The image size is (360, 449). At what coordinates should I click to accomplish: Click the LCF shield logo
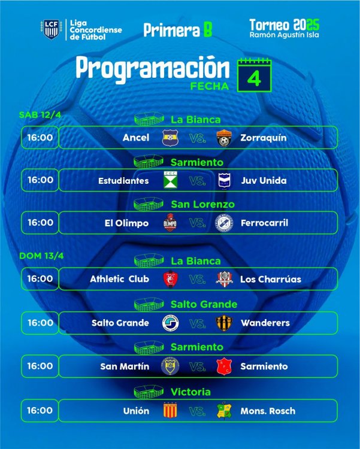pos(52,29)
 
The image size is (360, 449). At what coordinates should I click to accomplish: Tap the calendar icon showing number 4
pos(254,75)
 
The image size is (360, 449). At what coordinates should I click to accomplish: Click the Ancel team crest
pos(170,138)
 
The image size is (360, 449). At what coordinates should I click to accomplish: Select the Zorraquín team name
pos(264,138)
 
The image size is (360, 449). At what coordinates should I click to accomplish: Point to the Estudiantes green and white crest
pos(170,180)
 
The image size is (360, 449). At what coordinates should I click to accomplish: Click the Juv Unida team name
pos(264,180)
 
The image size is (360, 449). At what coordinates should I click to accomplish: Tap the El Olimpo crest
pos(170,223)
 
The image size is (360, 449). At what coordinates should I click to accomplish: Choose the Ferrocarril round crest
pos(224,223)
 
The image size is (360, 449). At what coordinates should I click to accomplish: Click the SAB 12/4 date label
pos(40,115)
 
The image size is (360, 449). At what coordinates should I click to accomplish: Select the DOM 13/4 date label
pos(41,256)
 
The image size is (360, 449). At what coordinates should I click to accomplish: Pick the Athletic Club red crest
pos(170,279)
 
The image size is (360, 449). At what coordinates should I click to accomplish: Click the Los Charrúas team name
pos(271,279)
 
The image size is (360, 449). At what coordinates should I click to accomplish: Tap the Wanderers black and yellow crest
pos(224,323)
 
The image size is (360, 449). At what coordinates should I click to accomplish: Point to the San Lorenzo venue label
pos(202,204)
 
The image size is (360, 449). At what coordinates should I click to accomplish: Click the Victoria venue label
pos(190,392)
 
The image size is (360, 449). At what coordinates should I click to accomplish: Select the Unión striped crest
pos(170,411)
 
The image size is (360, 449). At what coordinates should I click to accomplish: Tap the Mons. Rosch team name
pos(268,411)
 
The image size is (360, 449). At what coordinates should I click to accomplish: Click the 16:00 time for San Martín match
pos(40,366)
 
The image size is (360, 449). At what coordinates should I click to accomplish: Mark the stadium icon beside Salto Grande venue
pos(149,304)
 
